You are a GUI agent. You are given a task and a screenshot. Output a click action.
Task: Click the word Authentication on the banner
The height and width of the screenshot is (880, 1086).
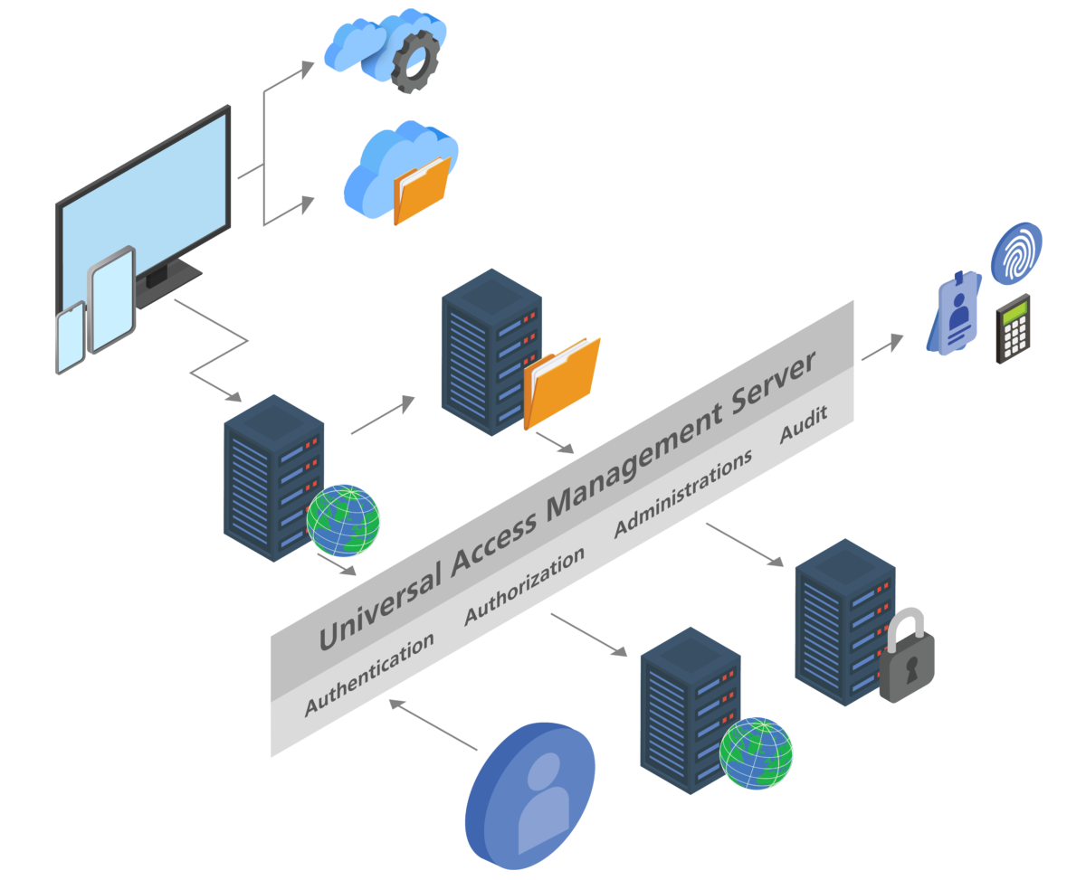(369, 674)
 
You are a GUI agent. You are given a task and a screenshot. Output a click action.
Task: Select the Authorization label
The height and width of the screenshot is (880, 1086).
(525, 586)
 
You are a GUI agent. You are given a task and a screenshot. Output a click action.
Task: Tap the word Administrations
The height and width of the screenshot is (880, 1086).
(683, 494)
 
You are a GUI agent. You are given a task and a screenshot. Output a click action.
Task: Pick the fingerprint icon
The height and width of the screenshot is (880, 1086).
(1016, 252)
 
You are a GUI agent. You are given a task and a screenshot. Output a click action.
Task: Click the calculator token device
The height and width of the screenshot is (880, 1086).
(1014, 328)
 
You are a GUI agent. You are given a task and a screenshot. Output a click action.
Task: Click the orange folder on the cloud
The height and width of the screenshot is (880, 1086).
(422, 190)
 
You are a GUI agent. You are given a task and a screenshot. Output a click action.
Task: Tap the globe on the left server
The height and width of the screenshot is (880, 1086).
(343, 520)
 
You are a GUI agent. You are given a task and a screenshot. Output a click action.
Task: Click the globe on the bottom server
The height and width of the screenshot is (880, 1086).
(756, 753)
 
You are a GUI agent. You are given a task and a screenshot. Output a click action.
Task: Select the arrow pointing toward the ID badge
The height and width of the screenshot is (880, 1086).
(882, 346)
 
